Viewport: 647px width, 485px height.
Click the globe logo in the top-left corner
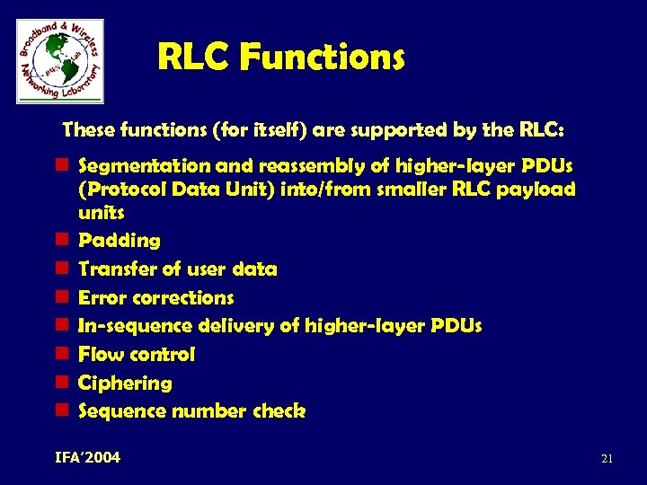click(x=59, y=61)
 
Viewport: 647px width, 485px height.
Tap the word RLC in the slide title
click(x=193, y=58)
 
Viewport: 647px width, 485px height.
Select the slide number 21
click(x=607, y=459)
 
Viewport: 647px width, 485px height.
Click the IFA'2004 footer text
click(x=87, y=458)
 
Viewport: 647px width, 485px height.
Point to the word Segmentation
click(x=133, y=167)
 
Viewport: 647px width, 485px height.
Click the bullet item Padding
click(x=120, y=241)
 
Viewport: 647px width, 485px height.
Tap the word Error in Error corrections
click(x=101, y=297)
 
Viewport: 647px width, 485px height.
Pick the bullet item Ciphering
click(x=125, y=383)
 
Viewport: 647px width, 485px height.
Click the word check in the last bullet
click(x=280, y=411)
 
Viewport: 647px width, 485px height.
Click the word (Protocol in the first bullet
click(x=118, y=190)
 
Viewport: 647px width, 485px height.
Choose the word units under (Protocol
click(x=102, y=213)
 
